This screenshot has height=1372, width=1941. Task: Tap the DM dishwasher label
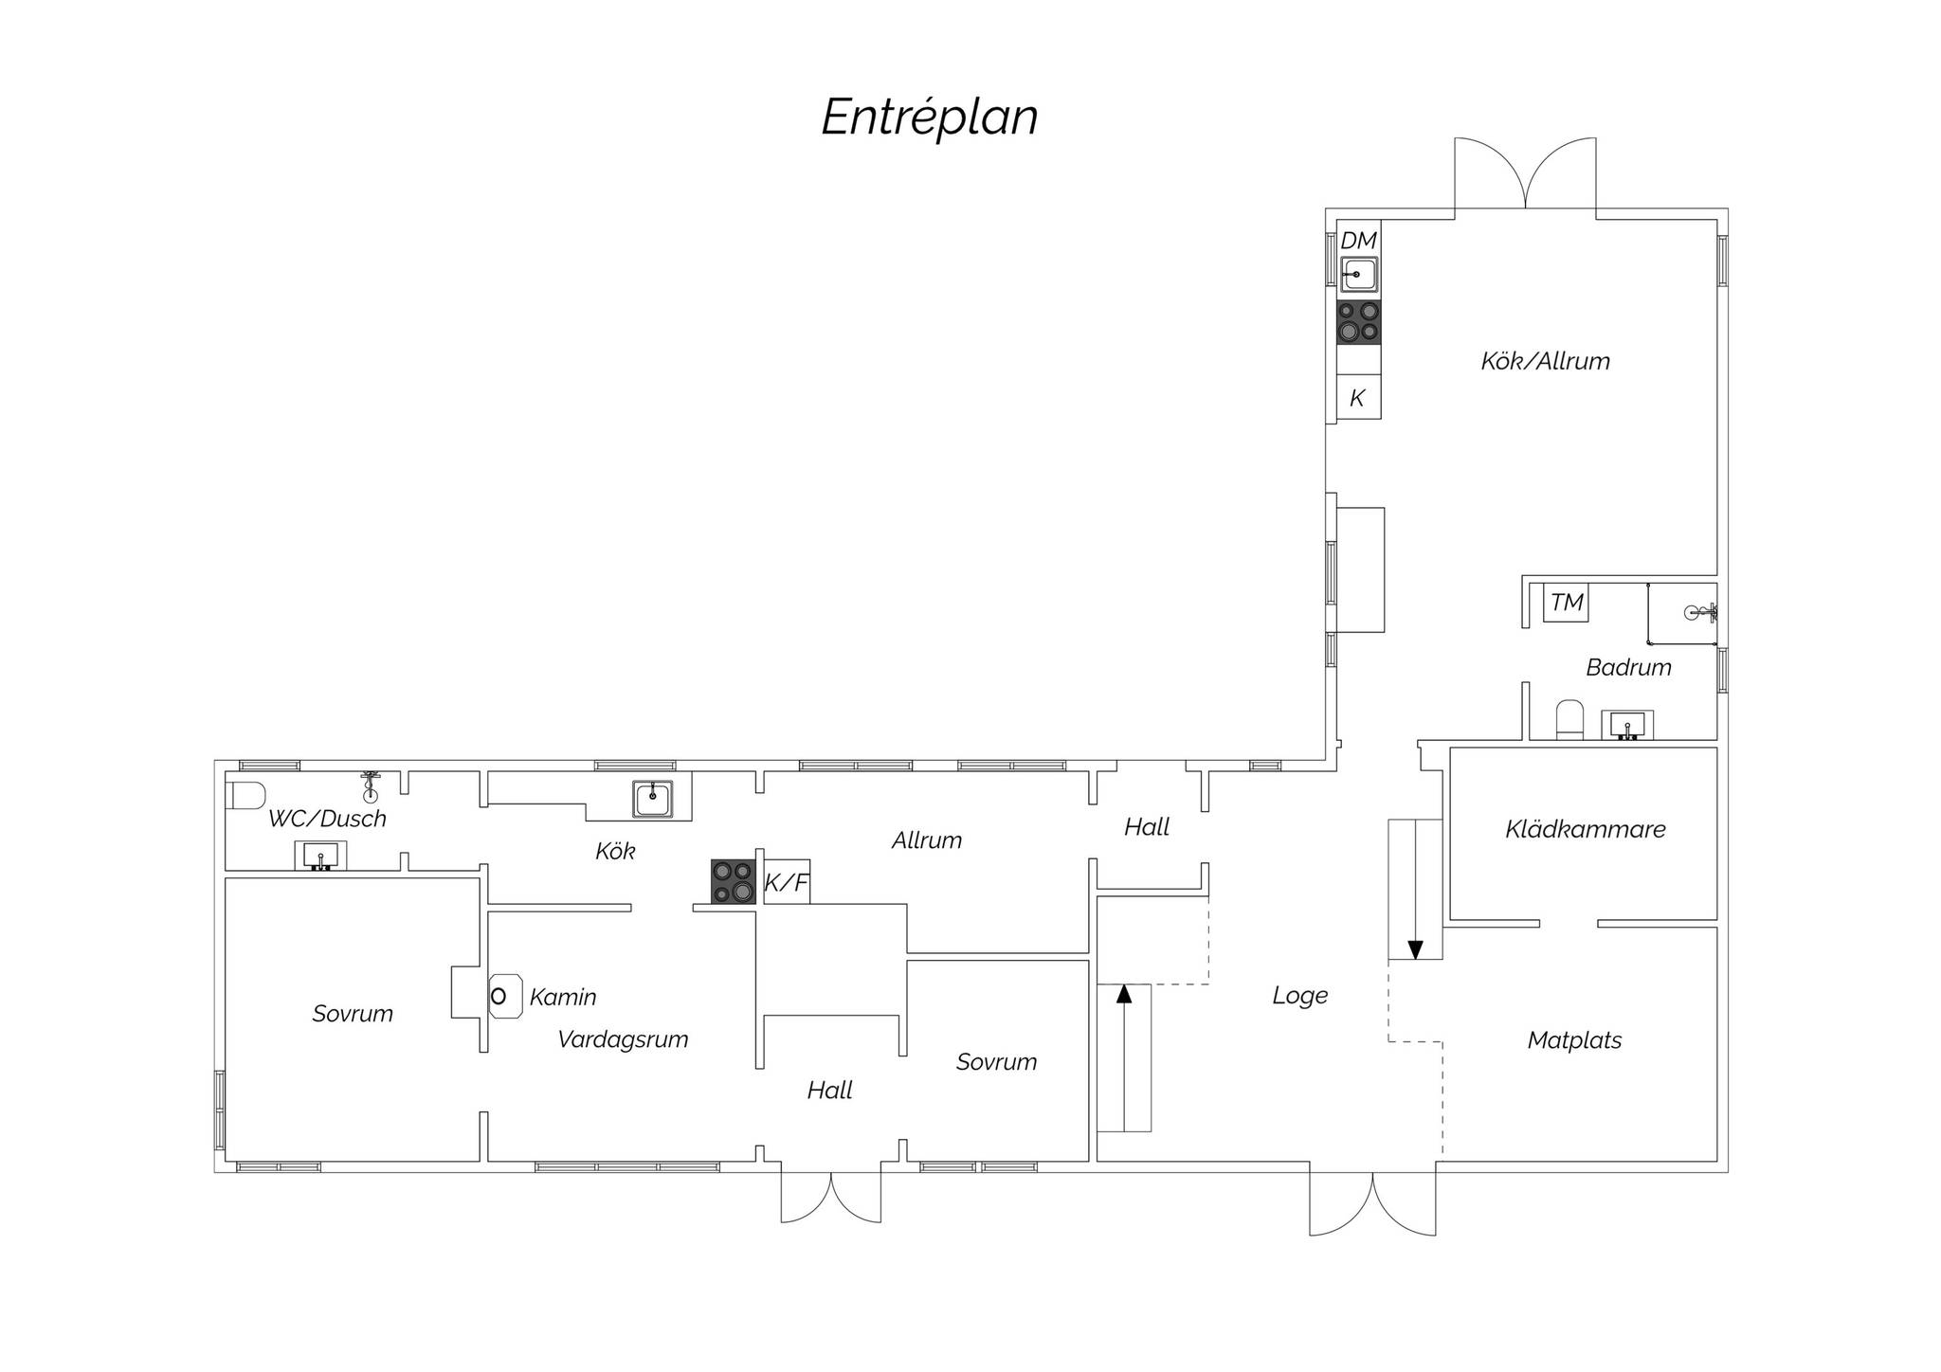click(x=1358, y=241)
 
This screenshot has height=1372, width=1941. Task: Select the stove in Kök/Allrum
click(x=1358, y=321)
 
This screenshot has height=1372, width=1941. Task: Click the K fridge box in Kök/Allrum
click(x=1358, y=396)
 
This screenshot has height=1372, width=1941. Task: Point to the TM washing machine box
click(x=1566, y=603)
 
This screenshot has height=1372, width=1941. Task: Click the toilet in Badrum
click(x=1569, y=720)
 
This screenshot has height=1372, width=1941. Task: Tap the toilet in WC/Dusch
click(x=245, y=795)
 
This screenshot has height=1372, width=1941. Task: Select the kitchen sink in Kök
click(x=653, y=799)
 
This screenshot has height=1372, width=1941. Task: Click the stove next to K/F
click(x=734, y=881)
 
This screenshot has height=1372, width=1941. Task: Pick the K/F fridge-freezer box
click(x=787, y=882)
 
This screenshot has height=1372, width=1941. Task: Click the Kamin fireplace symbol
click(x=504, y=996)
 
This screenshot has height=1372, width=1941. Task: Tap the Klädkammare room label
click(x=1585, y=830)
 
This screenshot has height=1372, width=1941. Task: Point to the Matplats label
click(x=1574, y=1040)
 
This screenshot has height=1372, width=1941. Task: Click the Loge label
click(x=1299, y=996)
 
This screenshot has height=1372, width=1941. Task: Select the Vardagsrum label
click(x=623, y=1039)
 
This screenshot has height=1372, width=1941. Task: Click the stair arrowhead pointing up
click(x=1124, y=993)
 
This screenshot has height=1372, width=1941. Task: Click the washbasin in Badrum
click(x=1627, y=725)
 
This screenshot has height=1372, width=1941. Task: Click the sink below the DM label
click(x=1358, y=275)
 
